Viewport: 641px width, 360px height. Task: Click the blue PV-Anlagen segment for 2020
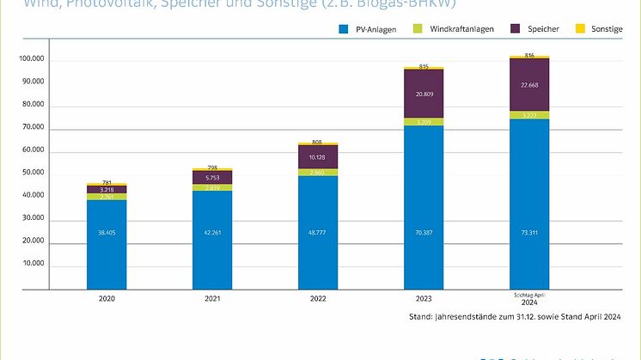(x=107, y=245)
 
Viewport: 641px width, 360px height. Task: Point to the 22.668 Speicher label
(x=530, y=84)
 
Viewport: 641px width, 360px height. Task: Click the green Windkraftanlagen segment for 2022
(x=318, y=172)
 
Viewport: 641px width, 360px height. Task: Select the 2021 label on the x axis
(x=213, y=298)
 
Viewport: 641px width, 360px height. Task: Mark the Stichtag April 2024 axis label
(x=530, y=298)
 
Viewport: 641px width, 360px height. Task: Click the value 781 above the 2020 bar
(x=107, y=182)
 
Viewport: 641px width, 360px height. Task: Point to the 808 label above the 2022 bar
(x=318, y=142)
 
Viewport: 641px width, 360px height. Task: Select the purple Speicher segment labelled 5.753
(x=213, y=177)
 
